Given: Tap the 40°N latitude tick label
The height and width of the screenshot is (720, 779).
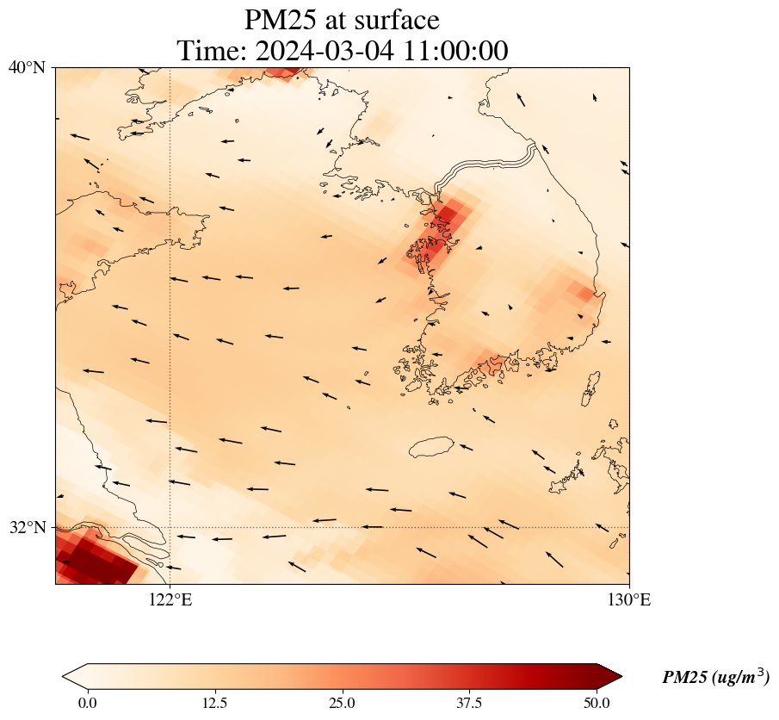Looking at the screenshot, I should click(27, 67).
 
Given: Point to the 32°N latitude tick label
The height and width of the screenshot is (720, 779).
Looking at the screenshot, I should click(27, 527).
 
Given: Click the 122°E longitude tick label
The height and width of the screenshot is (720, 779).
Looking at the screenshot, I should click(170, 600).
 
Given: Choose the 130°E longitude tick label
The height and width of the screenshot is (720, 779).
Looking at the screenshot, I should click(629, 600).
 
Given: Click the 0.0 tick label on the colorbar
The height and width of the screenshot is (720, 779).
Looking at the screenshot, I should click(87, 703).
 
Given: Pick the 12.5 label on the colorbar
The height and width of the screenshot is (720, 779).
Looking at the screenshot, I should click(214, 703).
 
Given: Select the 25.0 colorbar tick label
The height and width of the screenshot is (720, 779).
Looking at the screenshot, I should click(343, 703).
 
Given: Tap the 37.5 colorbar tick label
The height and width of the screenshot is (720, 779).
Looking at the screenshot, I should click(470, 703).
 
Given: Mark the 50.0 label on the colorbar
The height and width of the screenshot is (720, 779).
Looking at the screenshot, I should click(597, 703).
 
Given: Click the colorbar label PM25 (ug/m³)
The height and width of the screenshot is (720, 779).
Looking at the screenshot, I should click(715, 678).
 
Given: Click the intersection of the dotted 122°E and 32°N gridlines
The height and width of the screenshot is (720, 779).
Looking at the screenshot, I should click(170, 527).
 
